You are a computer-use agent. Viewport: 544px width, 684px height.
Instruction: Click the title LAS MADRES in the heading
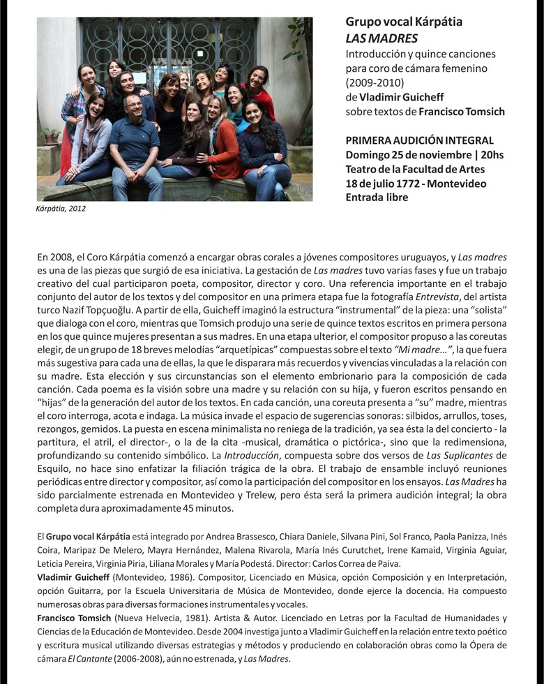tap(381, 38)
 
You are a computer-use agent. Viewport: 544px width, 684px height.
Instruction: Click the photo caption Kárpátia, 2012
tap(61, 208)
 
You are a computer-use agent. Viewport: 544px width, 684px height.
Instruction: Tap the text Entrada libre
tap(377, 198)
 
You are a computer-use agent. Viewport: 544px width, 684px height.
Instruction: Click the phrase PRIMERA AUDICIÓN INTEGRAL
tap(419, 140)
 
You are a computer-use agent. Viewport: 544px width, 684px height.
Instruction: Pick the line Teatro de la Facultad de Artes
tap(415, 169)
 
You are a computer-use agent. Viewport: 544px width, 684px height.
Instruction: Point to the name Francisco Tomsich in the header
tap(462, 112)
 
